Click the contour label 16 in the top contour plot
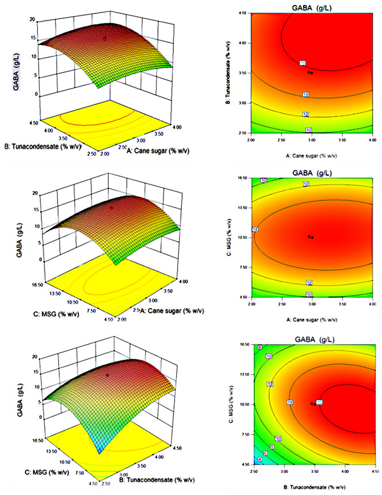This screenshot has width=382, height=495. tap(304, 62)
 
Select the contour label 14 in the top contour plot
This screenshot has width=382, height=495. tap(305, 94)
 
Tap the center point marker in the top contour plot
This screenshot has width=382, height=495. tap(311, 73)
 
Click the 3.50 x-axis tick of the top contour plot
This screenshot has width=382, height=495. tap(341, 139)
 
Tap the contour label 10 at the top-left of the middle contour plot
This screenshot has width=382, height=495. tap(264, 181)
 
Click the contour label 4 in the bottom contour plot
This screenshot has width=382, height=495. tap(260, 459)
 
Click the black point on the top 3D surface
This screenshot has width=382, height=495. tap(105, 39)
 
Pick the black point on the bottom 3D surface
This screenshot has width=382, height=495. tap(107, 375)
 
